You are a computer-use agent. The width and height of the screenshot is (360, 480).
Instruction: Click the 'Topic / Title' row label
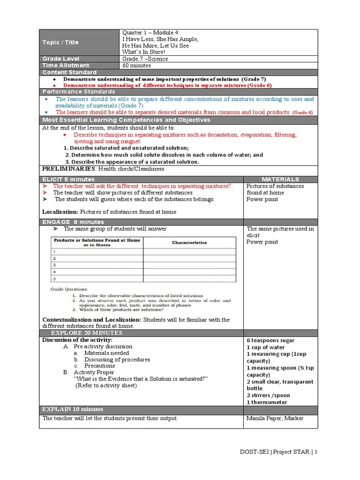click(60, 42)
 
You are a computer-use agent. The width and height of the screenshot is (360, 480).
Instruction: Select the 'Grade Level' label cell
click(59, 59)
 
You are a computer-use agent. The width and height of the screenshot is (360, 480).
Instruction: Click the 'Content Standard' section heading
click(69, 73)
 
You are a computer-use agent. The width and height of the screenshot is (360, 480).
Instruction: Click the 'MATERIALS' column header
click(280, 180)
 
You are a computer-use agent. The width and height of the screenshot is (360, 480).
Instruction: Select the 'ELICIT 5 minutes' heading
click(68, 180)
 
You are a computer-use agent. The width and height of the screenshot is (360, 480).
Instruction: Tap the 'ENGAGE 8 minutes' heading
click(73, 222)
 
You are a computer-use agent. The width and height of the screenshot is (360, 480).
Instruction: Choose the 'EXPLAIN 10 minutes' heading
click(73, 409)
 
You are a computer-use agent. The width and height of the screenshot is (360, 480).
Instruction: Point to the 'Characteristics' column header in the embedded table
click(189, 242)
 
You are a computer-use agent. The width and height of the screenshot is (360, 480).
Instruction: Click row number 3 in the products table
click(54, 265)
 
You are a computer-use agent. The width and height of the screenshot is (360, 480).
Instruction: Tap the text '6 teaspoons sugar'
click(270, 340)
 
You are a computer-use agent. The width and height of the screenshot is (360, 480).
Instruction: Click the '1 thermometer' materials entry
click(267, 402)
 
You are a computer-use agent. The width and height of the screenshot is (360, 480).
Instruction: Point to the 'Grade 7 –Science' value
click(145, 59)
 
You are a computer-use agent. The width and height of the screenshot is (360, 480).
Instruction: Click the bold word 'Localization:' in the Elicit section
click(60, 212)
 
